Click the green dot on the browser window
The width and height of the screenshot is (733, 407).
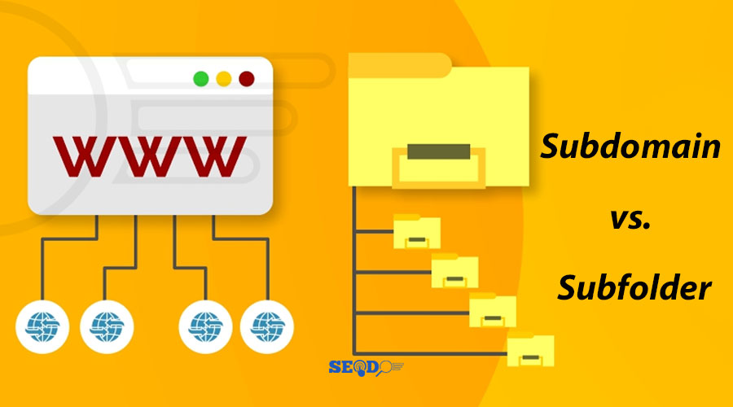click(x=201, y=79)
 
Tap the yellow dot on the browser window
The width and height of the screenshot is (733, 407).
click(x=224, y=79)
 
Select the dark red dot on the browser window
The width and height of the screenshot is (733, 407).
click(x=247, y=79)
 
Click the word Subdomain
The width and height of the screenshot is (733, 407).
click(x=630, y=147)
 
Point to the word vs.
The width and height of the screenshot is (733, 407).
click(x=630, y=219)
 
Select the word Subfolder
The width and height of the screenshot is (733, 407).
click(x=634, y=287)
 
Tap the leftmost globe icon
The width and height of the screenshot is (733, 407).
click(x=42, y=326)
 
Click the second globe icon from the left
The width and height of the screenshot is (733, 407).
click(x=107, y=326)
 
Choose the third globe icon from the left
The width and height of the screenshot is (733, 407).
click(x=206, y=326)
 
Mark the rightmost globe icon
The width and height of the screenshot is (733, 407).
click(x=267, y=326)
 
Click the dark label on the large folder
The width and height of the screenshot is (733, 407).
click(x=438, y=151)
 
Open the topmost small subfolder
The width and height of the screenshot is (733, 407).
click(x=417, y=231)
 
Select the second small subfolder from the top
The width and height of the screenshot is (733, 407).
click(x=454, y=270)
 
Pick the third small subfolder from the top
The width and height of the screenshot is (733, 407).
click(x=493, y=310)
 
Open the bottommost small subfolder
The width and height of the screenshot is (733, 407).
click(x=530, y=349)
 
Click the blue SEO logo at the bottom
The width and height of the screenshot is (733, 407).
click(x=366, y=368)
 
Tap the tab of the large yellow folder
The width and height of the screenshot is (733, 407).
click(x=400, y=65)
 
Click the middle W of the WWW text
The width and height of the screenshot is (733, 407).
click(x=150, y=156)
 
